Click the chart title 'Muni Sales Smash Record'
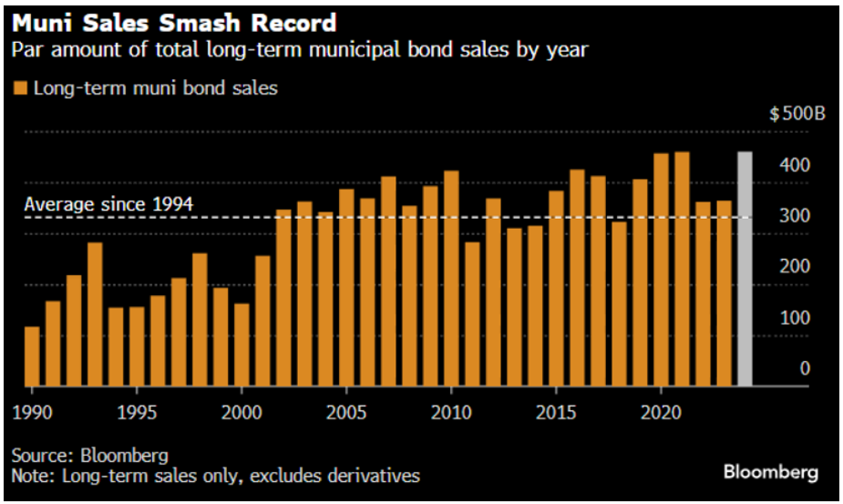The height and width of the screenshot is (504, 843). point(173,22)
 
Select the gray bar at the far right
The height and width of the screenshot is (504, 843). point(745,268)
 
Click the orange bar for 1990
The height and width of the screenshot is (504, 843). point(32,355)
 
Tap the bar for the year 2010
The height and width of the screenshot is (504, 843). point(450,277)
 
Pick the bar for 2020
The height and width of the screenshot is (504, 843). point(661,269)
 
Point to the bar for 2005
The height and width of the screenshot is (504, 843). point(346,286)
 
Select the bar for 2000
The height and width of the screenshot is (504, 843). point(242,344)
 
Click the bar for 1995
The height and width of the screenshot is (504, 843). point(137,345)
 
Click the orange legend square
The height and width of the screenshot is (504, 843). point(20,88)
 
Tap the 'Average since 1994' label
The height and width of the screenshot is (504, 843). point(108,204)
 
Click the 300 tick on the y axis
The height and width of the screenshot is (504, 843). point(792,216)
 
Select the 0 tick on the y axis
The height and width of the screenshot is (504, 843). point(805,368)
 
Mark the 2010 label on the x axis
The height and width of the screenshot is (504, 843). point(451,411)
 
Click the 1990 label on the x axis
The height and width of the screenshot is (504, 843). point(31,411)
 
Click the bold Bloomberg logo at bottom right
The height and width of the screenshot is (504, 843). point(770,472)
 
